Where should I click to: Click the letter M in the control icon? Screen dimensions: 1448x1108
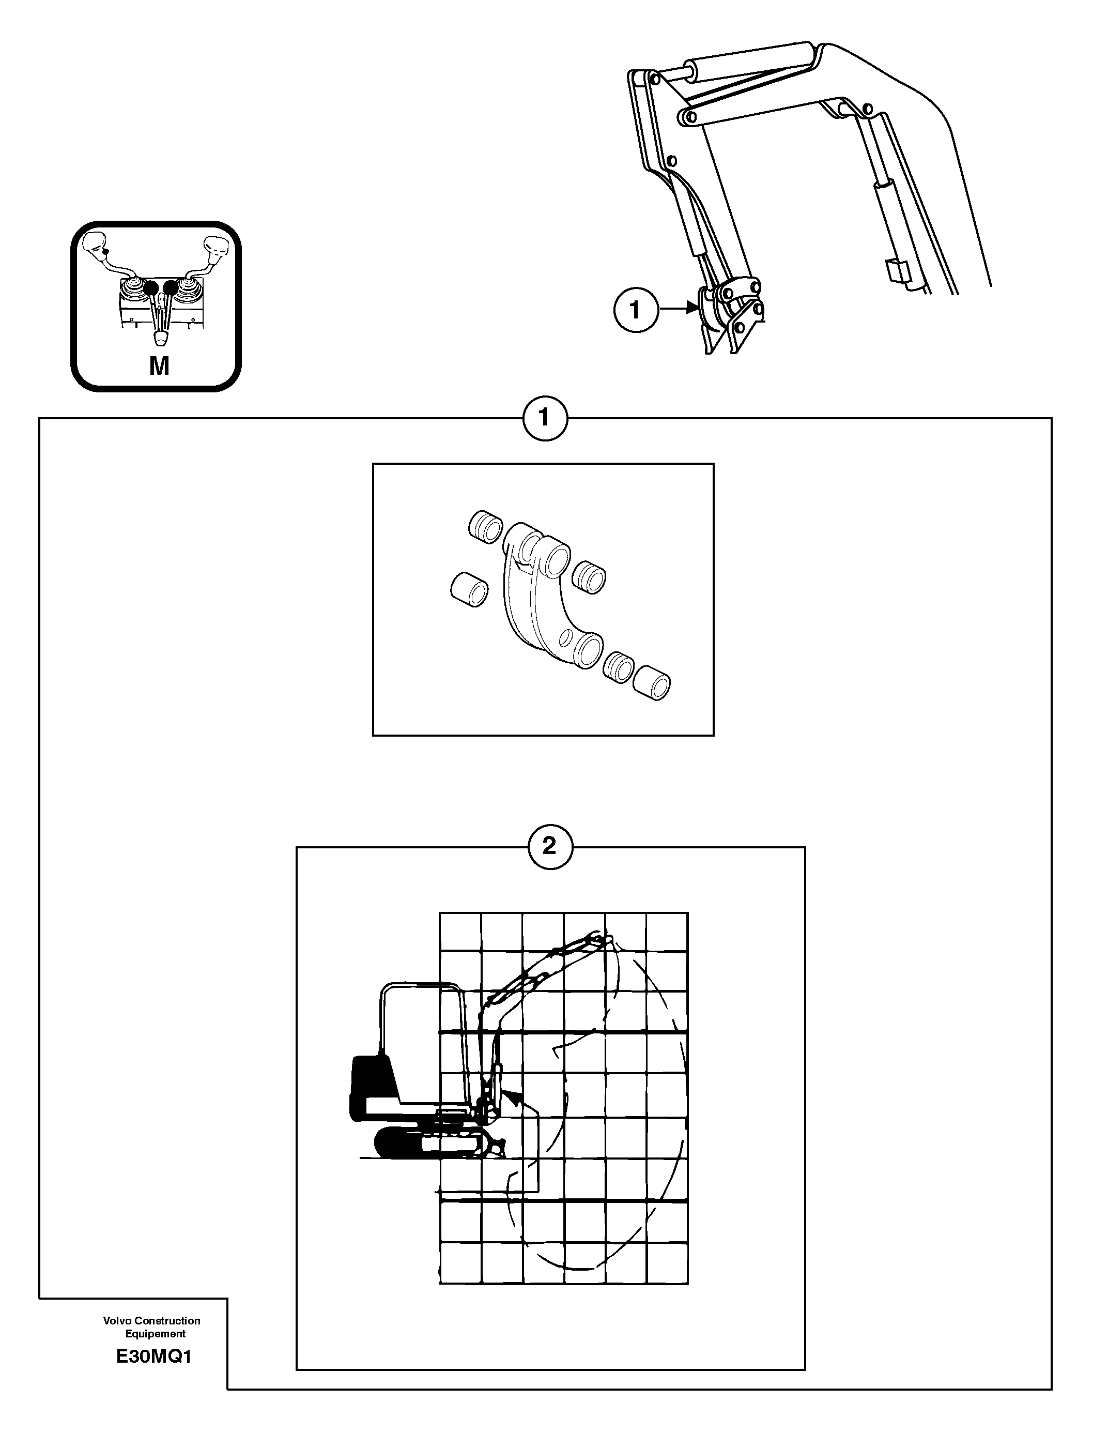click(x=159, y=365)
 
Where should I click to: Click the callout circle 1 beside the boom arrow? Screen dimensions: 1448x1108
click(x=635, y=309)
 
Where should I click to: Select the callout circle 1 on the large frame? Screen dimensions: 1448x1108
click(x=544, y=418)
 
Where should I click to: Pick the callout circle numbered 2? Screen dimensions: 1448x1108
click(x=549, y=846)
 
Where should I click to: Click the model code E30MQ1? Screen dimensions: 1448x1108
click(x=153, y=1357)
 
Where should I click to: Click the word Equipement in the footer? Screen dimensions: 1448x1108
click(x=156, y=1333)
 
